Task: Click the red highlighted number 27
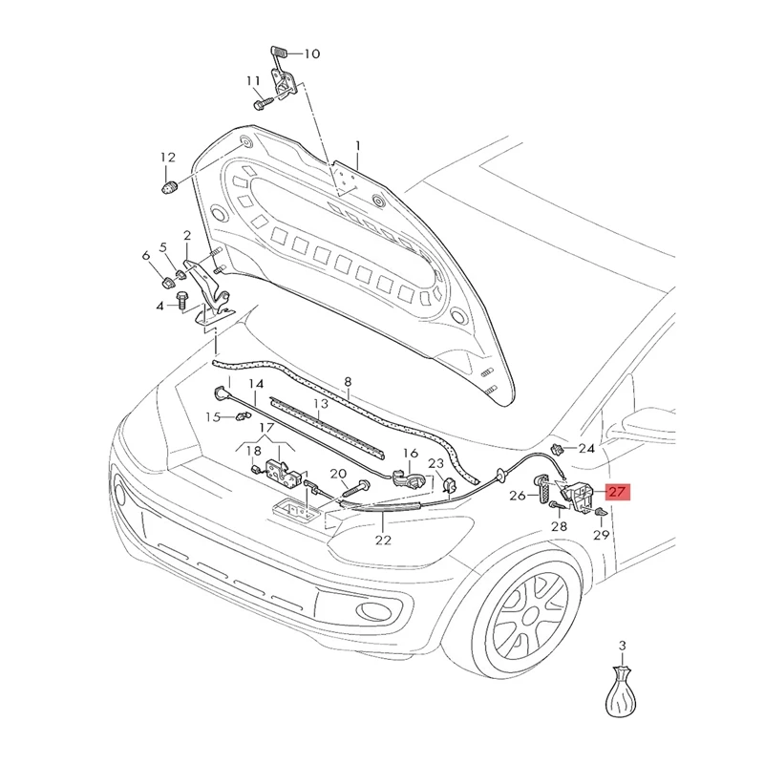(x=617, y=493)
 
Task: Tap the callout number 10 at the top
(x=312, y=54)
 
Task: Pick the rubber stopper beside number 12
(x=169, y=185)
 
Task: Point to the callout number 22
(x=383, y=541)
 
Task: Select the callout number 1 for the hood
(x=358, y=146)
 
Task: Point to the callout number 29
(x=601, y=537)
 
